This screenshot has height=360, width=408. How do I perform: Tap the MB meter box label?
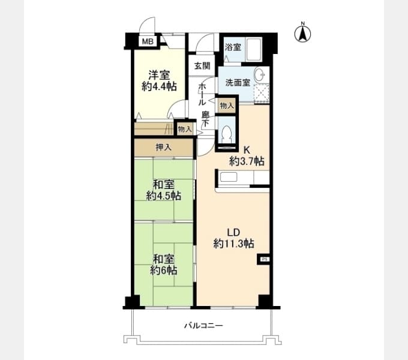[148, 41]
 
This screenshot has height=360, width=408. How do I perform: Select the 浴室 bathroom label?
[233, 47]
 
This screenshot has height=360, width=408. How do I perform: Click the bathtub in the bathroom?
[254, 50]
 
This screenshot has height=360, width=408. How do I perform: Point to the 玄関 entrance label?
[202, 66]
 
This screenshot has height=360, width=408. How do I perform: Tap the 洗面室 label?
[238, 83]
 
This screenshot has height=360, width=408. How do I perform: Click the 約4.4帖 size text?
[159, 86]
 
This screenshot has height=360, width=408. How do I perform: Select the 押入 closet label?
[163, 148]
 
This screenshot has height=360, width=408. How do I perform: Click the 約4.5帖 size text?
[163, 196]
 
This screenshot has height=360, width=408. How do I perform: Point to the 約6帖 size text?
[163, 271]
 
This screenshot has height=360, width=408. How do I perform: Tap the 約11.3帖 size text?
[233, 244]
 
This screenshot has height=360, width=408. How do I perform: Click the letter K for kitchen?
[247, 151]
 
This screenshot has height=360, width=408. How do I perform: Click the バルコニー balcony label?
[203, 325]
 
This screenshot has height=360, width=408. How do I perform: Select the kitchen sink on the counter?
[229, 177]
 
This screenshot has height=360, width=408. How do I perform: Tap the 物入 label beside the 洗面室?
[227, 106]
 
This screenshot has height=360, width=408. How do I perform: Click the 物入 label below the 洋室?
[185, 129]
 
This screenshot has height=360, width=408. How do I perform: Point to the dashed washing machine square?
[262, 93]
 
